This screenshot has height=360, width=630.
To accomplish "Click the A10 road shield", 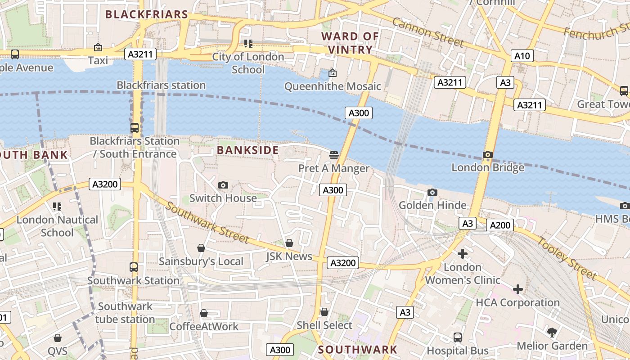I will pos(522,56).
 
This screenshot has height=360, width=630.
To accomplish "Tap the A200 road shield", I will pos(499,225).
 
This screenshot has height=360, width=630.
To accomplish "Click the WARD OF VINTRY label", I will pos(350,43).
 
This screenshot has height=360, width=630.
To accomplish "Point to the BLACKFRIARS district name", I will pos(146,14).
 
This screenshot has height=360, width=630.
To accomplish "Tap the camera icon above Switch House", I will pos(223,185).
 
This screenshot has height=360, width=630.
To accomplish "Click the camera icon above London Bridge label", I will pos(487,155).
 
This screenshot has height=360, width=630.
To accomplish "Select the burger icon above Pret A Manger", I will pos(334,155).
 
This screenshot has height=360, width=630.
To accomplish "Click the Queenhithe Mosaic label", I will pos(333,86).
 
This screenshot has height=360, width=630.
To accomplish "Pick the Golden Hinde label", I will pos(432,206).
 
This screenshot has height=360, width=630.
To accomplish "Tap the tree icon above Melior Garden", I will pos(552,333).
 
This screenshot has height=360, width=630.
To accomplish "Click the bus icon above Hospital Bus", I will pos(457,337).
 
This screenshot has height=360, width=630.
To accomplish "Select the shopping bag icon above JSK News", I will pos(289,243).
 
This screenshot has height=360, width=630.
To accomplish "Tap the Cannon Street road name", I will pos(427,32).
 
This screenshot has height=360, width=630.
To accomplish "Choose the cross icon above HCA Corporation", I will pos(517,289).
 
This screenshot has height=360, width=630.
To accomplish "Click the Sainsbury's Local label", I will pos(201,261).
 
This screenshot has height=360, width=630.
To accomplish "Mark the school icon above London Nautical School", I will pos(57,207).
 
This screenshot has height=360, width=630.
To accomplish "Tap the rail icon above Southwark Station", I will pos(133,267).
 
